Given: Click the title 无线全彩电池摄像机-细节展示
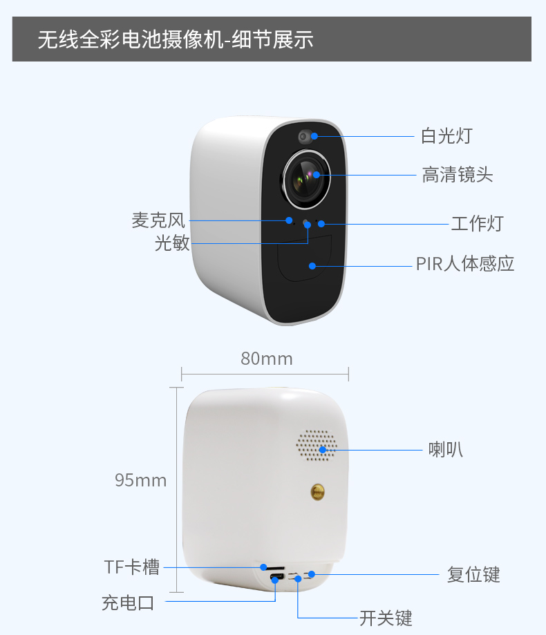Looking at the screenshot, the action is [x=176, y=39].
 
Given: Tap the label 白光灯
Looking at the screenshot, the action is [x=446, y=135].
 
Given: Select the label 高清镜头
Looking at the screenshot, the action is [x=458, y=175].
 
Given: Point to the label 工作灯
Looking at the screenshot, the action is [x=477, y=224].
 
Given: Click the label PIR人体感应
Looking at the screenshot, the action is [x=465, y=264].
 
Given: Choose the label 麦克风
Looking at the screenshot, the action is [x=158, y=220].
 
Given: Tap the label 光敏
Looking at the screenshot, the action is [x=172, y=243].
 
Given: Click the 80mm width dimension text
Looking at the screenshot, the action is [x=267, y=359].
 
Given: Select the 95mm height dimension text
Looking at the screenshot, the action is [x=140, y=480].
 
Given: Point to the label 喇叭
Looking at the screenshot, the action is [x=446, y=450].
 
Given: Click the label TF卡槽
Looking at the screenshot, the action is [x=131, y=567].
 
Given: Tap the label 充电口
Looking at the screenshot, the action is [x=128, y=603].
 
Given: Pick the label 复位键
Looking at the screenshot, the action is [x=473, y=575].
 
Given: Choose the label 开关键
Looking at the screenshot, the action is [x=386, y=618].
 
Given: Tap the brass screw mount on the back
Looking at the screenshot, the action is [x=317, y=492].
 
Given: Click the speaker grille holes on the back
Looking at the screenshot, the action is [x=317, y=445].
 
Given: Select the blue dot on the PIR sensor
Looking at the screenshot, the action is [x=312, y=266].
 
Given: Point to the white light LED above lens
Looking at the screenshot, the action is [x=305, y=137].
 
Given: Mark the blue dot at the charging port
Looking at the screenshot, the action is [x=275, y=580].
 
